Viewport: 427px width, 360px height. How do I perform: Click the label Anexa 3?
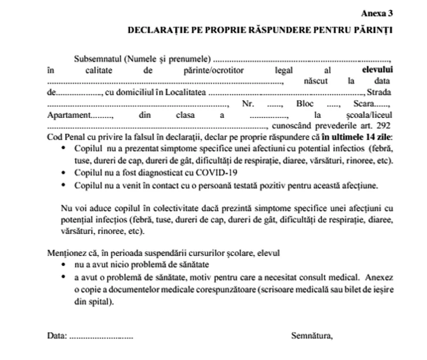pyautogui.click(x=376, y=12)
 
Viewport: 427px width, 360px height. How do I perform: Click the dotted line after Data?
pyautogui.click(x=101, y=337)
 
